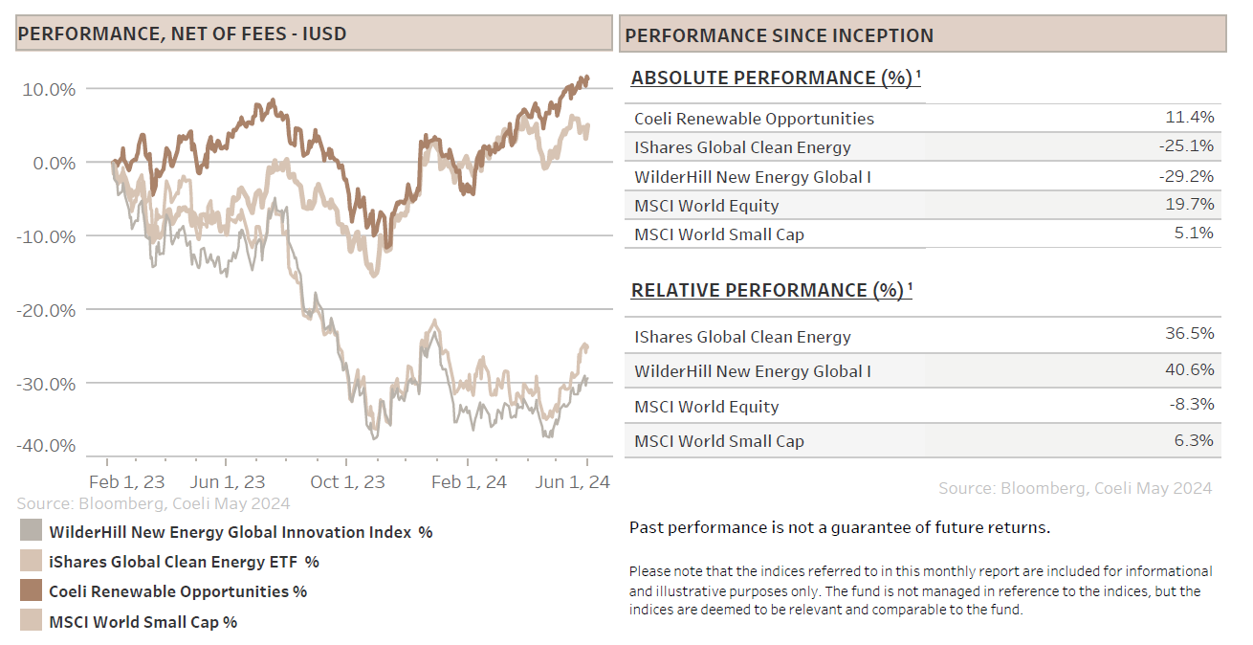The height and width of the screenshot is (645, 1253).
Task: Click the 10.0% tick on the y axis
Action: click(x=48, y=89)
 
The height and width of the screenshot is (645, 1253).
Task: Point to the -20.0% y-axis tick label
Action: click(x=45, y=310)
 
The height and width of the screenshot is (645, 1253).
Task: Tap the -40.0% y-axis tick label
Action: click(x=45, y=445)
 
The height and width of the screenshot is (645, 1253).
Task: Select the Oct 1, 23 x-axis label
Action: click(x=347, y=481)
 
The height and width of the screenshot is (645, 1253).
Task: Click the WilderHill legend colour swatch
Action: click(x=31, y=532)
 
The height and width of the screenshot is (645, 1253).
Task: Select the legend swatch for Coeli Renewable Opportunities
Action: click(x=31, y=591)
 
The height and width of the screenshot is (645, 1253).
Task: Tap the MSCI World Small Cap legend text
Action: click(x=143, y=622)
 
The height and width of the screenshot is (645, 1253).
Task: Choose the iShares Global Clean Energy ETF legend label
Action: click(x=184, y=562)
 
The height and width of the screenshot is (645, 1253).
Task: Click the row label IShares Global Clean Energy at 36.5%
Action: click(x=742, y=337)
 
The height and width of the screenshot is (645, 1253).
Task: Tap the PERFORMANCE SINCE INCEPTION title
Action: click(x=779, y=36)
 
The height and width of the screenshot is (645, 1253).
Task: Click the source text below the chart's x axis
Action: click(x=153, y=503)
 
